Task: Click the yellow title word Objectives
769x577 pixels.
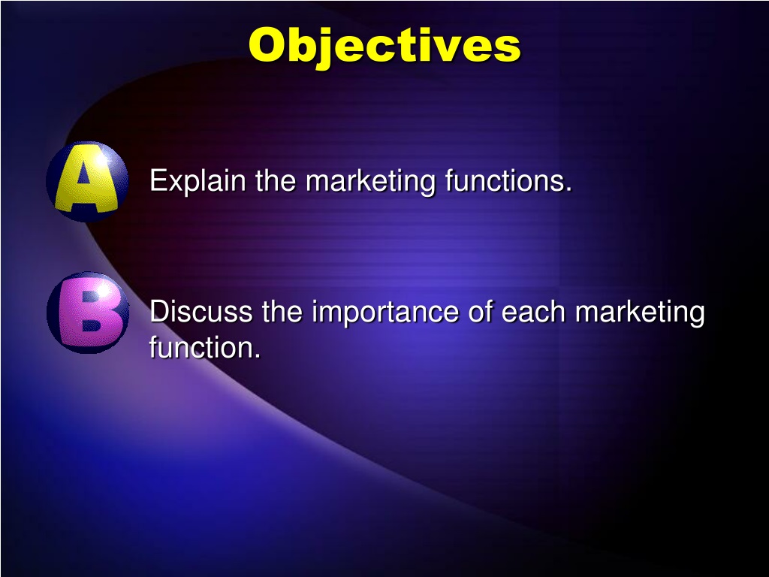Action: point(384,46)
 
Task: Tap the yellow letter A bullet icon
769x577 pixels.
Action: point(87,181)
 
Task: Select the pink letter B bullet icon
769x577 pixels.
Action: point(88,313)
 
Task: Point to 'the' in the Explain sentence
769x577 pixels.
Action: point(276,180)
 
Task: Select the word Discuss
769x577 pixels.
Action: point(201,311)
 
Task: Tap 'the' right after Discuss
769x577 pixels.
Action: point(282,311)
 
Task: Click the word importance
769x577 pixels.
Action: point(385,313)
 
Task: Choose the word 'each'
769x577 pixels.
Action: point(533,311)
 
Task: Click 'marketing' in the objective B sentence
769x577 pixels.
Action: point(640,313)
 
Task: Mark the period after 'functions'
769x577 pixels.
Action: point(568,189)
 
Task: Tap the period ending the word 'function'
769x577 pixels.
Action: point(257,355)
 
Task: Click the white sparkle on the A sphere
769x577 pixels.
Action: point(102,159)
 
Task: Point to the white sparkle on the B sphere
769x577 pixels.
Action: point(103,290)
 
